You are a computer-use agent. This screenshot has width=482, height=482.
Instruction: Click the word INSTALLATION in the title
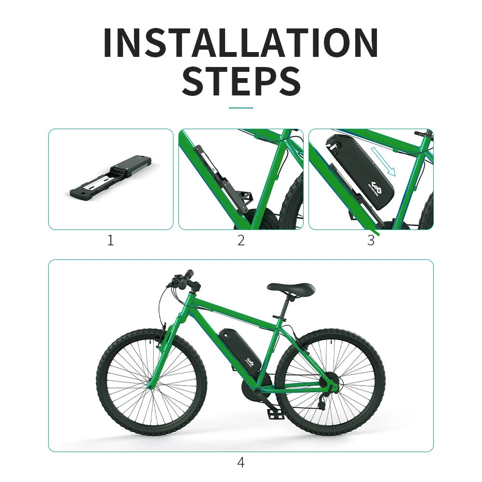pyautogui.click(x=241, y=43)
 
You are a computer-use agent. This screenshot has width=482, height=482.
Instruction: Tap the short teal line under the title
pyautogui.click(x=241, y=108)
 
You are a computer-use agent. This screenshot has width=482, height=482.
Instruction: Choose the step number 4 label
pyautogui.click(x=241, y=463)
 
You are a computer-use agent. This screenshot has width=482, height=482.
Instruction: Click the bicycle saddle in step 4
pyautogui.click(x=291, y=288)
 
